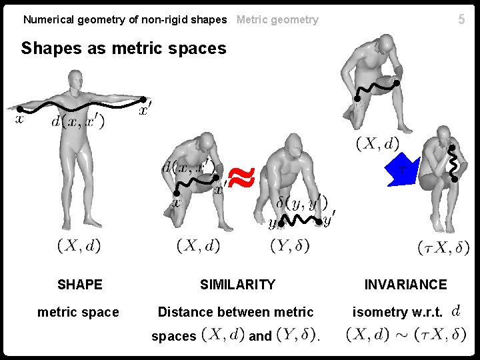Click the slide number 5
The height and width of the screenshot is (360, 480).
(x=461, y=20)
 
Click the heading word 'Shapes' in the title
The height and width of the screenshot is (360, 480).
(x=48, y=48)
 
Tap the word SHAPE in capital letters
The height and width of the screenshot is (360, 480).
(x=79, y=285)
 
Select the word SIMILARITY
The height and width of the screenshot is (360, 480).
(x=237, y=285)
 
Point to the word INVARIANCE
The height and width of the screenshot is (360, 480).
(x=405, y=285)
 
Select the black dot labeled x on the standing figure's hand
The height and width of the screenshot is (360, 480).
(x=20, y=109)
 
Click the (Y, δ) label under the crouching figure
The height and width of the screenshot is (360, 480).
(x=290, y=246)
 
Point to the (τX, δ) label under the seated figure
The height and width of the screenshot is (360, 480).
(x=443, y=247)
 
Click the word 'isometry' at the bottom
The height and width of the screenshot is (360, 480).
(x=380, y=312)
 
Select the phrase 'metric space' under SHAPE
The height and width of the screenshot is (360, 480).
(x=78, y=312)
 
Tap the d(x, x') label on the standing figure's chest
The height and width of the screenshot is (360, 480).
(x=77, y=123)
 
